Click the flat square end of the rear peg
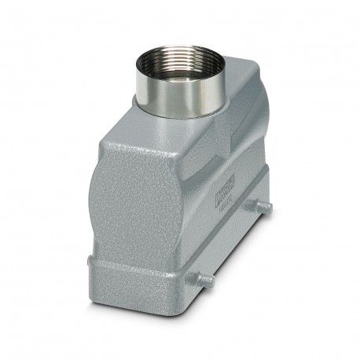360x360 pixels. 270,207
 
